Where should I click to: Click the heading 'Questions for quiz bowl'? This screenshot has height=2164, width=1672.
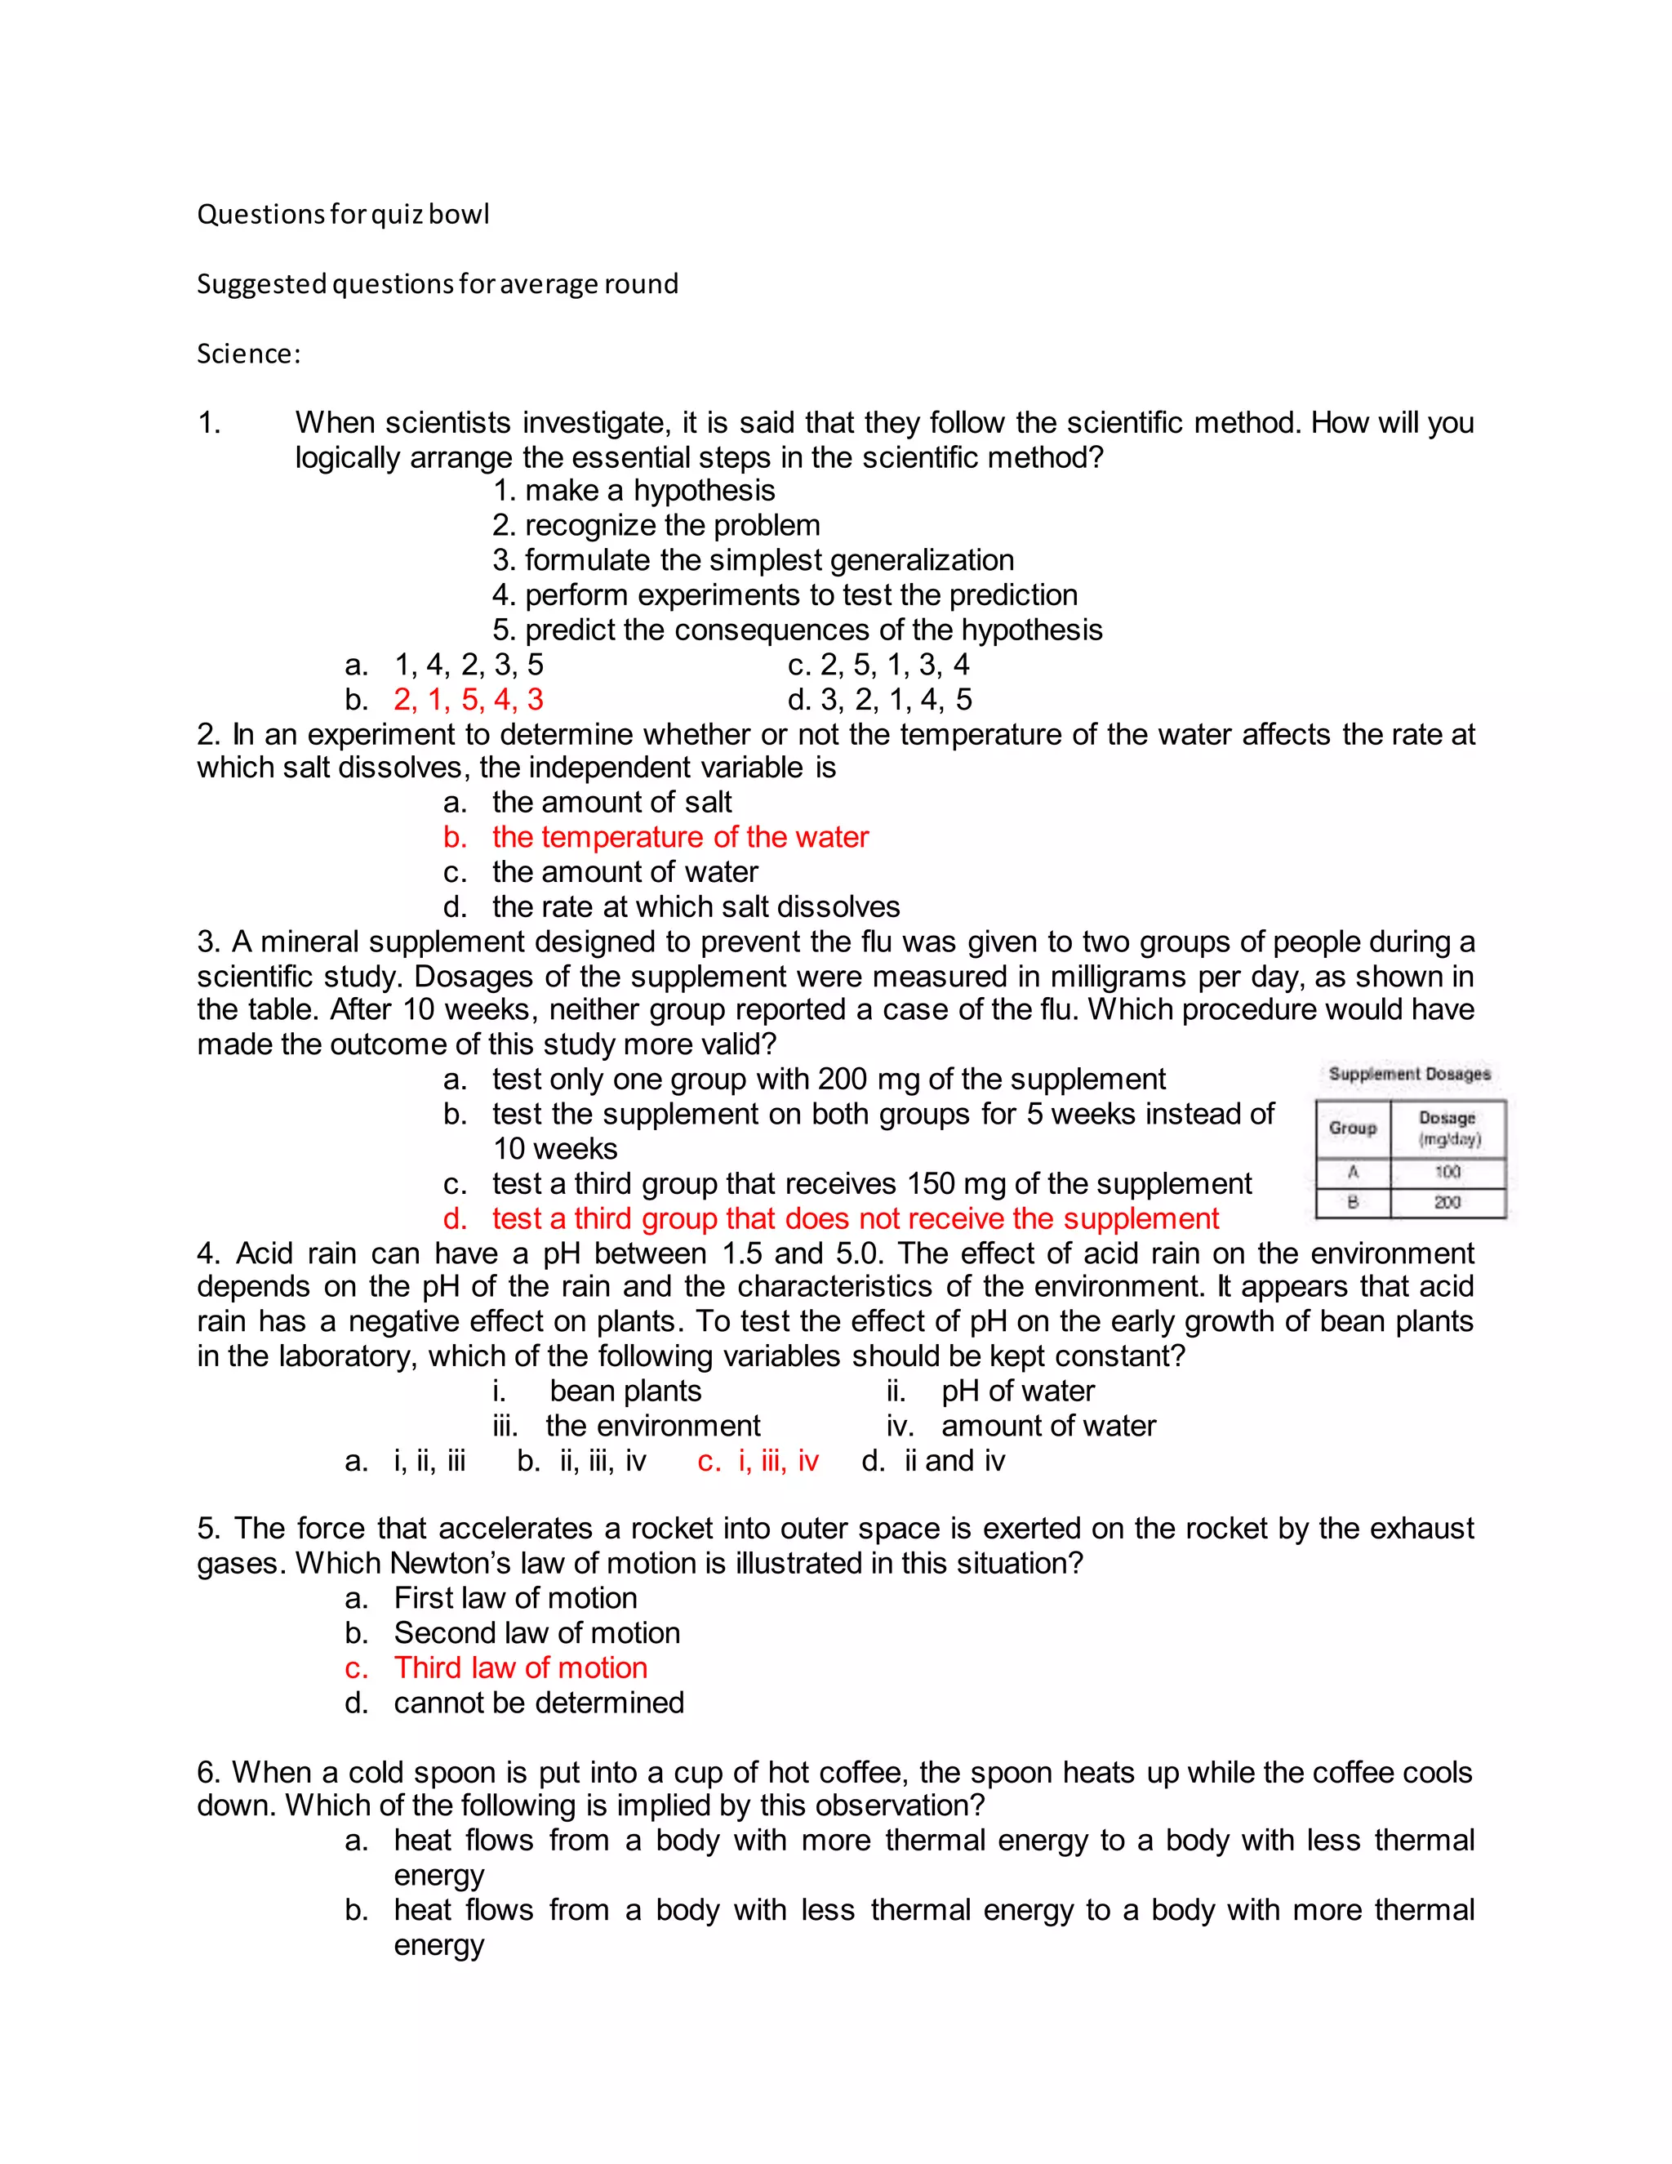(x=343, y=214)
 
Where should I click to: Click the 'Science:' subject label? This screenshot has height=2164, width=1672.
(x=247, y=354)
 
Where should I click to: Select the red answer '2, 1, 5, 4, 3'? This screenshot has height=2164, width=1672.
(x=468, y=700)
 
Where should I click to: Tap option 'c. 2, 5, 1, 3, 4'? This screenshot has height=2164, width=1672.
(x=878, y=665)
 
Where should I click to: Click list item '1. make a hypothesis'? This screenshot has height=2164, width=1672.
(x=634, y=491)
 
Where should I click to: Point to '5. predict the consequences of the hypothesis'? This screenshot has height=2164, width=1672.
(x=798, y=630)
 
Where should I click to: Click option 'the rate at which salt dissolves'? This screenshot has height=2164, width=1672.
(x=696, y=906)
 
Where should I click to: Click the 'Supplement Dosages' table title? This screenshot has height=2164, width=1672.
(x=1408, y=1074)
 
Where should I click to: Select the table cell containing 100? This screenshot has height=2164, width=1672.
(x=1447, y=1172)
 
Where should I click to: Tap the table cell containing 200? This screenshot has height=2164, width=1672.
(x=1447, y=1202)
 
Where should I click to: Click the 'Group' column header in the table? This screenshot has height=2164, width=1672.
(x=1352, y=1129)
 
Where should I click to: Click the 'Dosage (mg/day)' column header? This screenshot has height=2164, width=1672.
(x=1447, y=1129)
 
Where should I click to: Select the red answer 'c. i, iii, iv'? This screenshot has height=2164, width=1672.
(x=758, y=1462)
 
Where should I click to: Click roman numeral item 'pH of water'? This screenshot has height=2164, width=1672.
(x=1017, y=1391)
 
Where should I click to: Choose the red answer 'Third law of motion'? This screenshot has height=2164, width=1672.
(x=520, y=1668)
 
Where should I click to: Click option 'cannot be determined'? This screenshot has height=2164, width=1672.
(x=539, y=1703)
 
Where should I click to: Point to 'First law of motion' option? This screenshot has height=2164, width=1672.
(x=515, y=1598)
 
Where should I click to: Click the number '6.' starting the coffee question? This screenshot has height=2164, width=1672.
(x=210, y=1772)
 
